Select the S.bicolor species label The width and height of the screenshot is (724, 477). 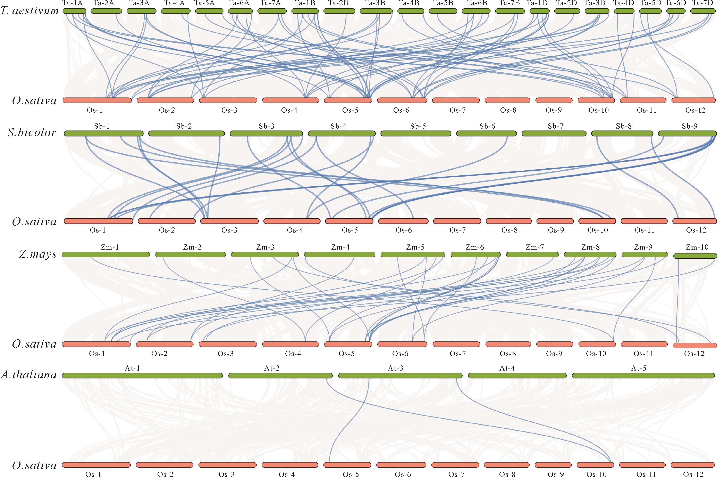click(32, 132)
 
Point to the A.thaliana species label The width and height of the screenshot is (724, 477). click(29, 375)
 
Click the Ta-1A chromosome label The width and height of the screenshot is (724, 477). click(73, 3)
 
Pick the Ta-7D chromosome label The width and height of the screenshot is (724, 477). click(704, 3)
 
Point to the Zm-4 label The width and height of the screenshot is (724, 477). click(340, 247)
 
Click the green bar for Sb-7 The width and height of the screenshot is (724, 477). click(554, 134)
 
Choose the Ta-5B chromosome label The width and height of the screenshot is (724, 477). click(443, 3)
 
